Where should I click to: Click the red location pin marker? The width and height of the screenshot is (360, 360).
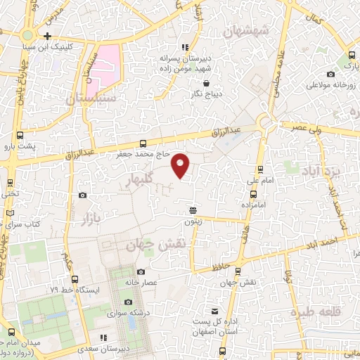tap(181, 165)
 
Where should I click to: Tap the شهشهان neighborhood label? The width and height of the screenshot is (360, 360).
tap(245, 31)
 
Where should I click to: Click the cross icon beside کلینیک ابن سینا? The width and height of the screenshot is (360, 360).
tap(47, 36)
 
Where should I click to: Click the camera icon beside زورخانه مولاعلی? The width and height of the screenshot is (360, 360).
tap(330, 75)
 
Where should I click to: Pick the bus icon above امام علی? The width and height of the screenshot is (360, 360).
tap(260, 169)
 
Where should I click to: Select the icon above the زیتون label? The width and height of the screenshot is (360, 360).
tap(193, 210)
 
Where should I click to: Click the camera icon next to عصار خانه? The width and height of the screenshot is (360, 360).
tap(141, 272)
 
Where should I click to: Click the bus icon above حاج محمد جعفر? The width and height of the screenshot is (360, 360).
tap(143, 143)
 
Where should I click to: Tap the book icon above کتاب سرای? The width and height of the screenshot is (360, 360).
tap(10, 213)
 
